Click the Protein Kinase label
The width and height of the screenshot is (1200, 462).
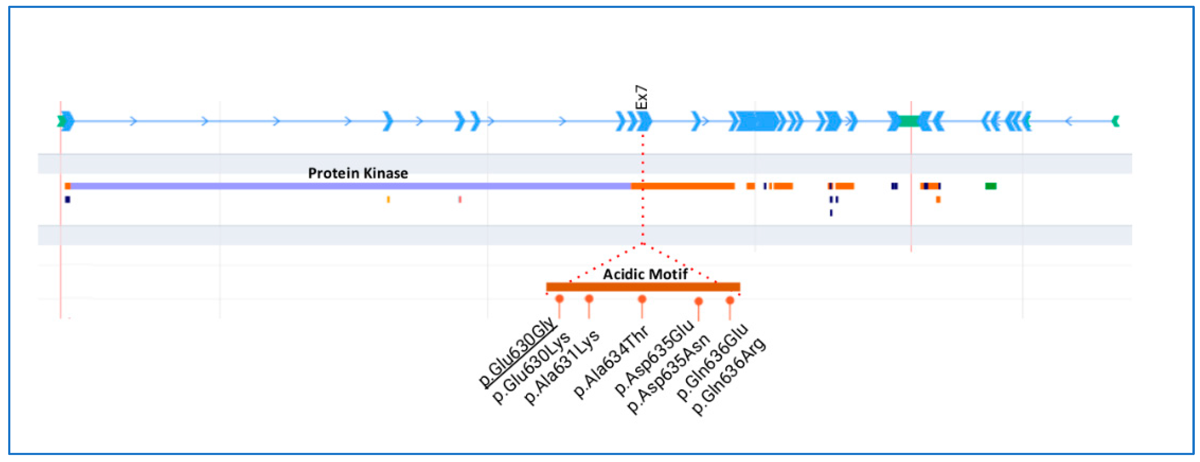pos(358,174)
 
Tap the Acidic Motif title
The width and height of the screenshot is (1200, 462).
pos(645,274)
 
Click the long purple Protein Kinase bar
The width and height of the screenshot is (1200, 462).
pos(349,186)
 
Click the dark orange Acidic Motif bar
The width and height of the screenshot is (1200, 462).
pos(643,287)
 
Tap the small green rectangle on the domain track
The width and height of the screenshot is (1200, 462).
pos(990,186)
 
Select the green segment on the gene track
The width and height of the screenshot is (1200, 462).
pos(909,121)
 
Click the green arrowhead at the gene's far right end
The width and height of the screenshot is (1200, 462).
pos(1116,121)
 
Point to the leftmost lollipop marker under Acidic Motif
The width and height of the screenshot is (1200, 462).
pos(559,299)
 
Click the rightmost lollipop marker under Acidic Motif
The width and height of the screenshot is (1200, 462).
pos(730,300)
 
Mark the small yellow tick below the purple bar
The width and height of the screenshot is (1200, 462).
pos(388,199)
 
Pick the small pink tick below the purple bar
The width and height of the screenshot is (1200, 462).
pos(460,199)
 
